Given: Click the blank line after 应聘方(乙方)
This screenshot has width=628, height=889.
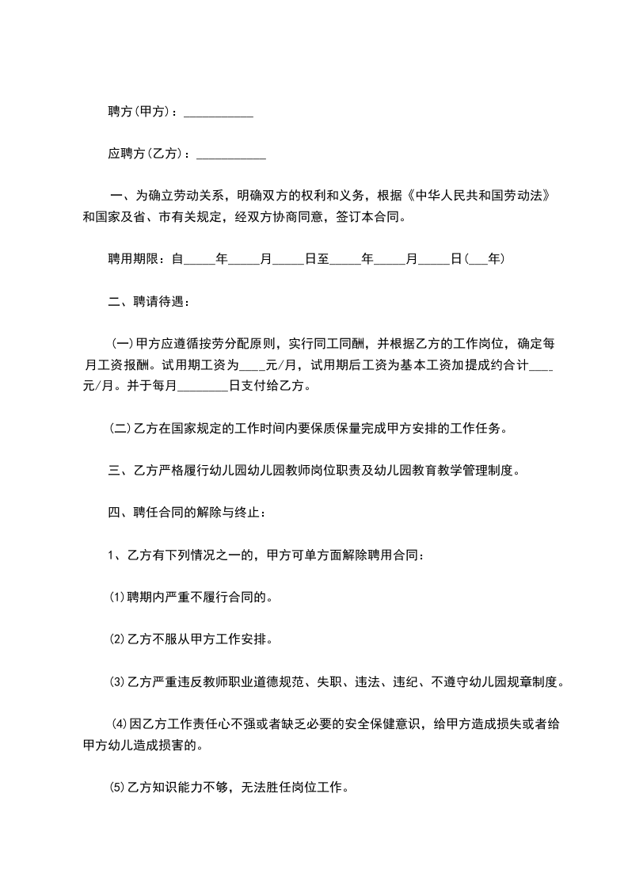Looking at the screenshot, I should tap(230, 154).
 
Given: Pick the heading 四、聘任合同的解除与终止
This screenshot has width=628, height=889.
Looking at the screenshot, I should tap(188, 513).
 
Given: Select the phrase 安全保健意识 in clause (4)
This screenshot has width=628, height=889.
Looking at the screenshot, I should tap(383, 723).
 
